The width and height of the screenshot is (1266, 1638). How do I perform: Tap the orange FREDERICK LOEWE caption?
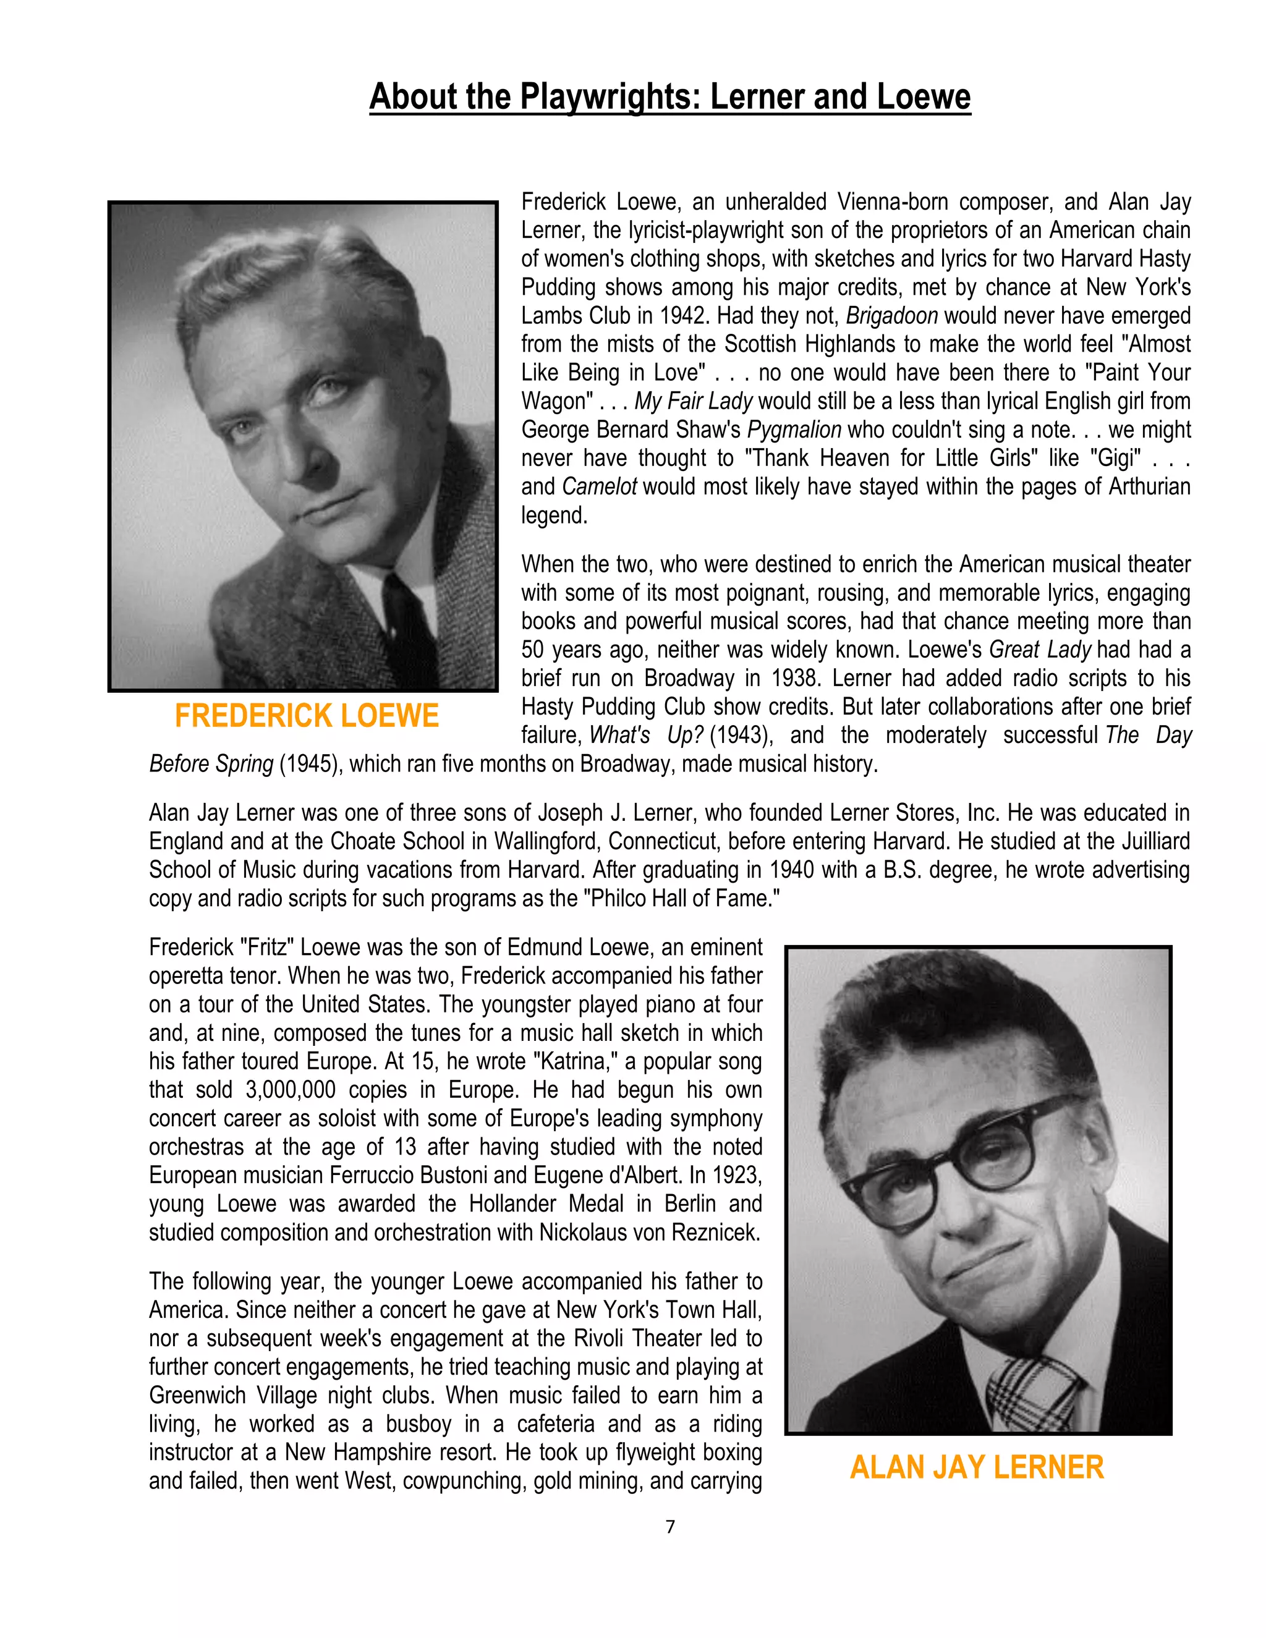tap(306, 716)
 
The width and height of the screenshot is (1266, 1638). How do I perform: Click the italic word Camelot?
tap(598, 486)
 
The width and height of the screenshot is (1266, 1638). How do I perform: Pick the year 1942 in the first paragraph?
tap(684, 316)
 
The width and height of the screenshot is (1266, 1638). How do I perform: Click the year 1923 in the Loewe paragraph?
tap(736, 1175)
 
